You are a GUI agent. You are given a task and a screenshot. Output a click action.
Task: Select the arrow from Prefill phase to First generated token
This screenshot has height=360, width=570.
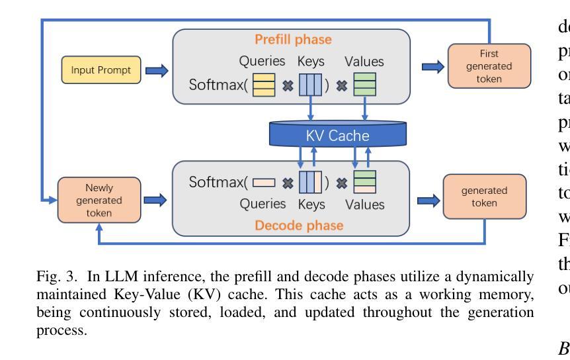(430, 66)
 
